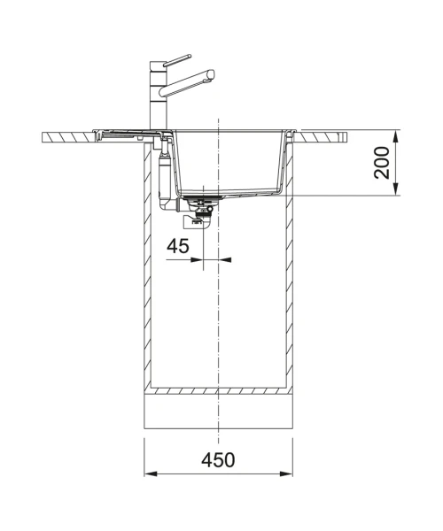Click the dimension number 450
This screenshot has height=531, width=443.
pyautogui.click(x=218, y=459)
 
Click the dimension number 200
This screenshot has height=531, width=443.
pyautogui.click(x=382, y=163)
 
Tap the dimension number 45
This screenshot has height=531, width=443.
pyautogui.click(x=178, y=246)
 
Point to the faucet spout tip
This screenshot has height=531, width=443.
pyautogui.click(x=211, y=74)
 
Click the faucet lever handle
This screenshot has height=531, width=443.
pyautogui.click(x=177, y=60)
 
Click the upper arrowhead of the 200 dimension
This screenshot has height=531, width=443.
pyautogui.click(x=396, y=137)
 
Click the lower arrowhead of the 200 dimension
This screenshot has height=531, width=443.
pyautogui.click(x=396, y=189)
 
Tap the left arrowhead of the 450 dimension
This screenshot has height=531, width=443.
pyautogui.click(x=152, y=473)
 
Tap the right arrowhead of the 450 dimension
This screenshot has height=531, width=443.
pyautogui.click(x=285, y=473)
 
